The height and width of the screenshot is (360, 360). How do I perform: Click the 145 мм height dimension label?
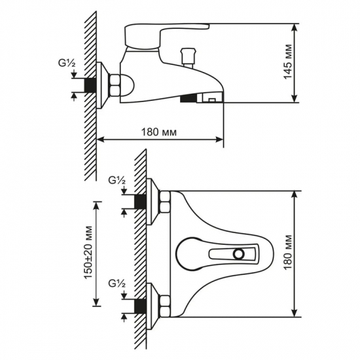[x=288, y=62]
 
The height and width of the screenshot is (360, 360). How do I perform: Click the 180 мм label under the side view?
[x=159, y=132]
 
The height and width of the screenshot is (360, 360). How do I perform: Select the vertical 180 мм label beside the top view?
[x=288, y=253]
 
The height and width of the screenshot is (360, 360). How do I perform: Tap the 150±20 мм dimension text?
[x=88, y=253]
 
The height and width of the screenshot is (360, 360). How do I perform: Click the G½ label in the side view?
[x=67, y=63]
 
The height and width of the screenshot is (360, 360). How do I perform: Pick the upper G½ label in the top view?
[x=117, y=181]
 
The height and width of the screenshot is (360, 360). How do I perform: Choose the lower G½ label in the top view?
[x=117, y=284]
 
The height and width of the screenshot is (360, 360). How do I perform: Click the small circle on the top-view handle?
[x=239, y=254]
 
